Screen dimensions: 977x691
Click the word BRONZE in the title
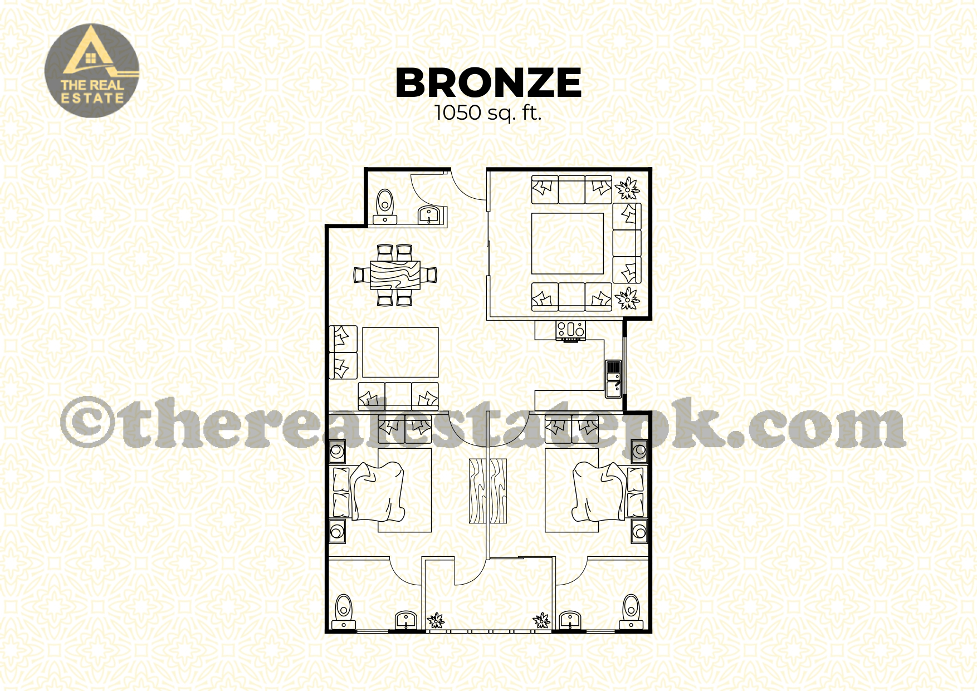(488, 83)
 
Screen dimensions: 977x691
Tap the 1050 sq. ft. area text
(488, 113)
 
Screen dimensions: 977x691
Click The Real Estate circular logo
(92, 71)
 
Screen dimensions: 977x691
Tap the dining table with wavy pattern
(395, 275)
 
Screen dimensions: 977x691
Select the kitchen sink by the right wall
(613, 379)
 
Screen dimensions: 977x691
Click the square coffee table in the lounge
(568, 243)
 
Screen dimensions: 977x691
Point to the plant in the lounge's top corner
(627, 188)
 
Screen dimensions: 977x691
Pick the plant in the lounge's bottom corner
(627, 298)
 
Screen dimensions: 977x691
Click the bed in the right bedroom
(594, 490)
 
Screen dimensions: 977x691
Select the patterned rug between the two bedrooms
(488, 491)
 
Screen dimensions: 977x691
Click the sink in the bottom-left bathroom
(406, 620)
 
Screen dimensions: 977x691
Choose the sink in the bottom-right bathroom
(570, 620)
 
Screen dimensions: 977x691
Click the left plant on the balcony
(436, 620)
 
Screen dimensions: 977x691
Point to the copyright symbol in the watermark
(87, 422)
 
